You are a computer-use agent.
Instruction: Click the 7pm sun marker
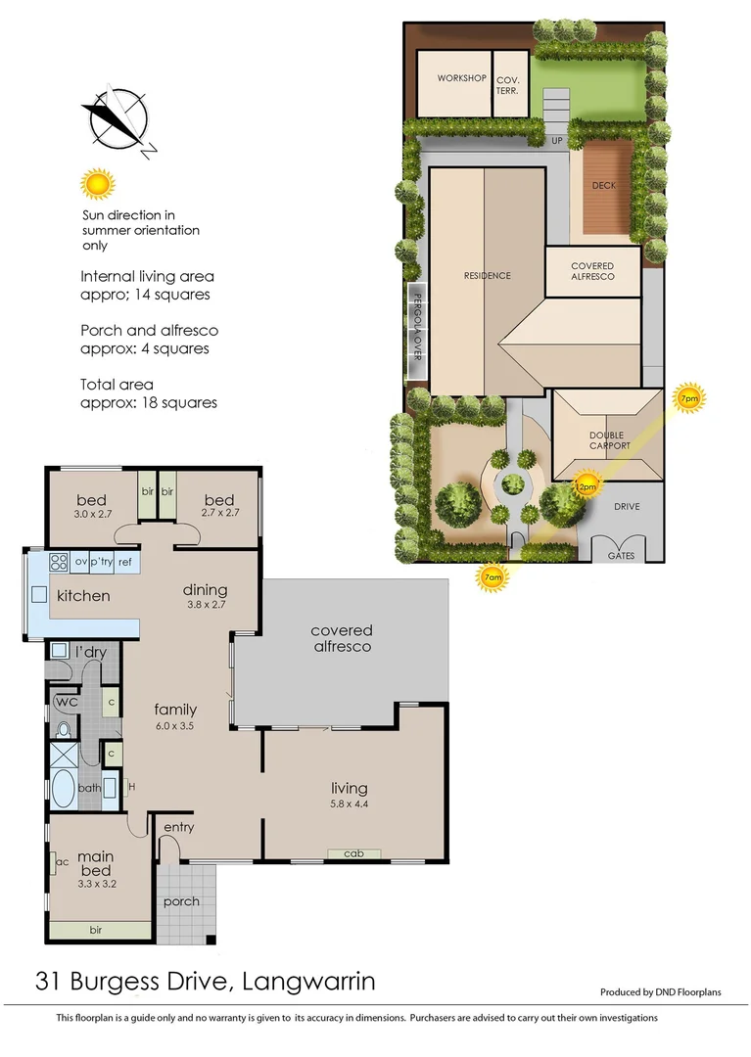689,398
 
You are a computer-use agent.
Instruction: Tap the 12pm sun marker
586,485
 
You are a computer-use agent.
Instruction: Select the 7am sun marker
493,577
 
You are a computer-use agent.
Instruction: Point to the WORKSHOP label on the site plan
461,78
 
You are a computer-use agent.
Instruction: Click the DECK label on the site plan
603,185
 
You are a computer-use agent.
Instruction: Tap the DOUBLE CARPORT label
609,440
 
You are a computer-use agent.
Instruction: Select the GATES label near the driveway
621,554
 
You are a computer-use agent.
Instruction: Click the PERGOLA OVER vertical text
415,327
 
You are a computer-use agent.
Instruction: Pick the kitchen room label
83,596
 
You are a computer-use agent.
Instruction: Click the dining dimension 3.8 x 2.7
205,606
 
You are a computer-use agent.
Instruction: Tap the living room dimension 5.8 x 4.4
349,804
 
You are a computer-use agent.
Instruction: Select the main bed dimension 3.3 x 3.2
96,883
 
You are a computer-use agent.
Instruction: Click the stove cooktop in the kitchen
58,562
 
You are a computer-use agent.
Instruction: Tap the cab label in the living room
353,854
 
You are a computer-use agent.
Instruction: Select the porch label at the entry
182,901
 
